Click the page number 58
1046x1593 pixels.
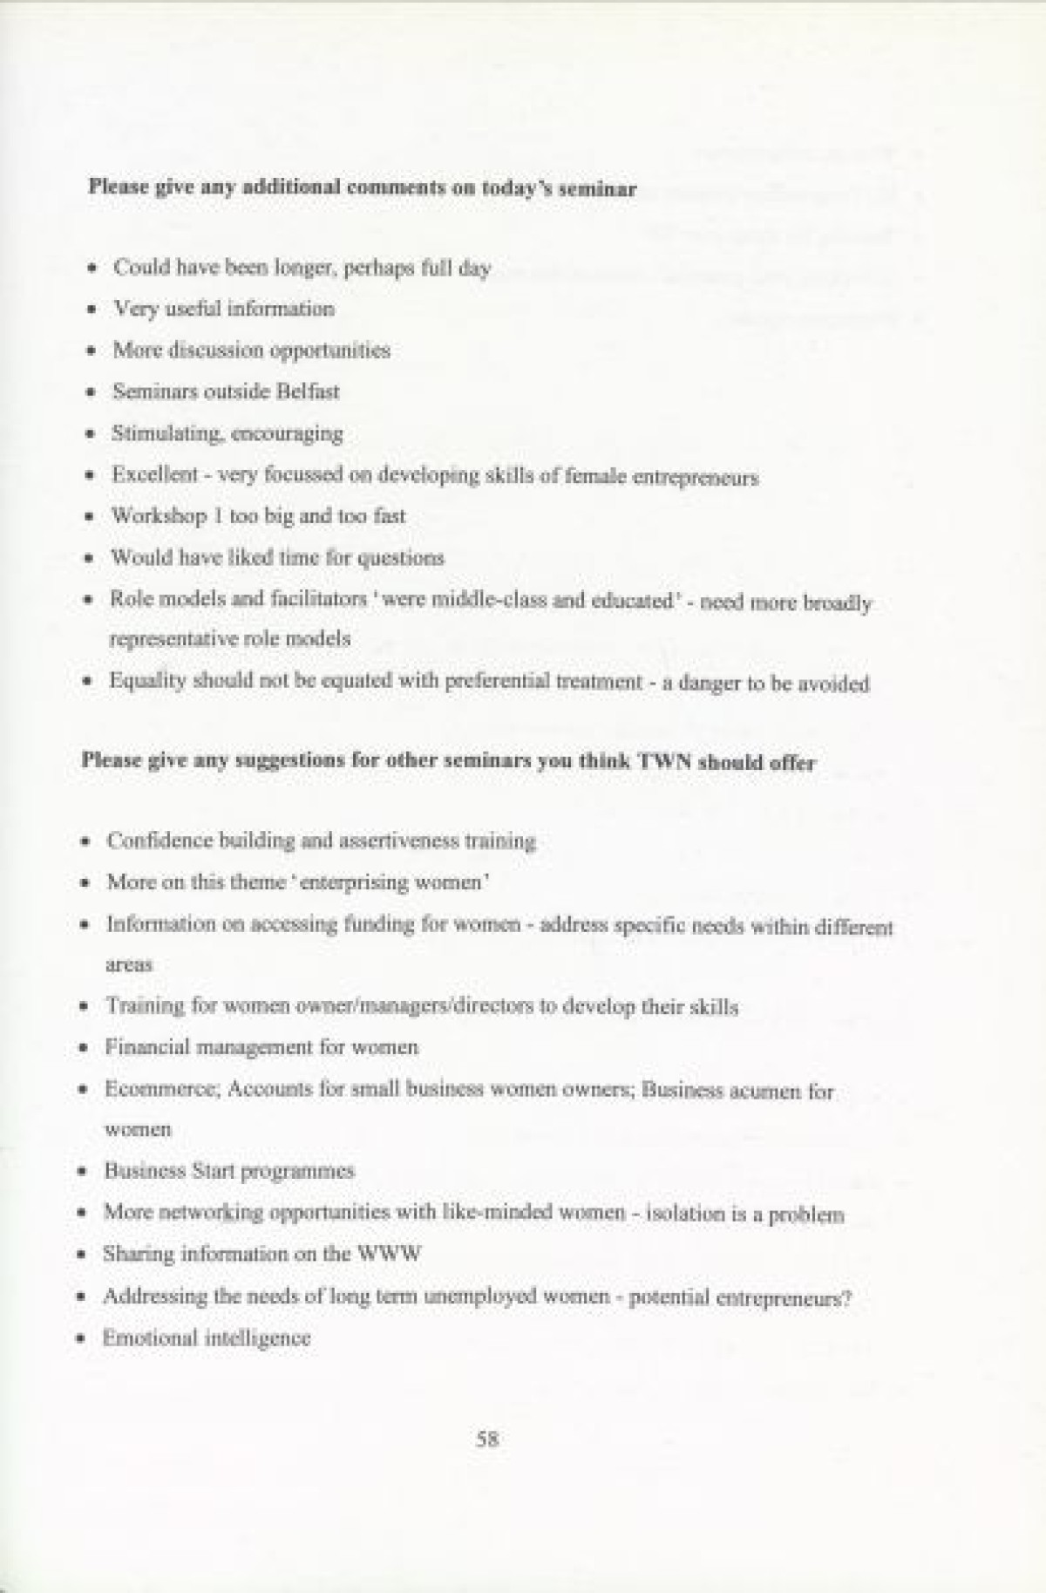487,1440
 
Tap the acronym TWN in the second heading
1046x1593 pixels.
664,761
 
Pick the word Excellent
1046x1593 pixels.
155,475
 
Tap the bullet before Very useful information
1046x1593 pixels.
92,310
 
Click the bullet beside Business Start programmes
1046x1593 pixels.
82,1171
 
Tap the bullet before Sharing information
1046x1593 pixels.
81,1256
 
